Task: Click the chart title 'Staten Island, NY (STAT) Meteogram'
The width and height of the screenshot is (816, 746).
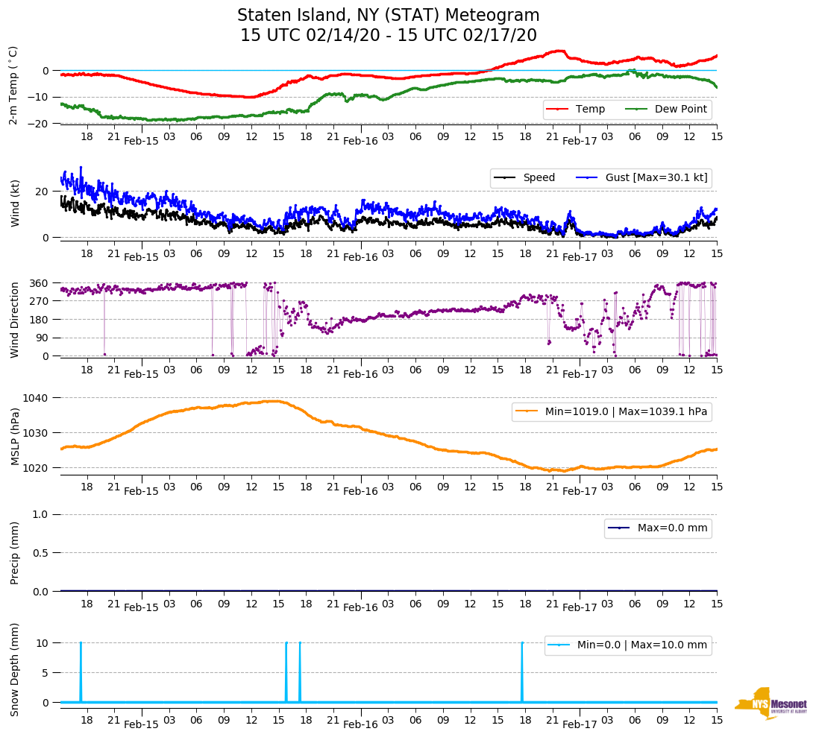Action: [388, 16]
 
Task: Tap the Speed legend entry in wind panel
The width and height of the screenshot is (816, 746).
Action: [527, 178]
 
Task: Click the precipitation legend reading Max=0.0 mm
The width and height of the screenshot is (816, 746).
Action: [657, 528]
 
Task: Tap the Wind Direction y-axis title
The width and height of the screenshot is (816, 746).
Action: [15, 319]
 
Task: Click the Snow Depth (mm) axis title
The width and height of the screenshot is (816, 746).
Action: [15, 669]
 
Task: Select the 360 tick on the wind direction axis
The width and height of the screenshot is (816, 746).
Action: [39, 283]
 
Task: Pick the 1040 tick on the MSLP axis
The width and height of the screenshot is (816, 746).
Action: [36, 397]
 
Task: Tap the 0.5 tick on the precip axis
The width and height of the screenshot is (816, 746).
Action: [41, 552]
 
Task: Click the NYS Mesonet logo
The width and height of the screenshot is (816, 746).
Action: [771, 704]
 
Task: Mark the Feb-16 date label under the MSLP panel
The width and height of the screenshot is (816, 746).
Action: [360, 491]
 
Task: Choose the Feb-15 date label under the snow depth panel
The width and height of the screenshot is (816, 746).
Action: [141, 724]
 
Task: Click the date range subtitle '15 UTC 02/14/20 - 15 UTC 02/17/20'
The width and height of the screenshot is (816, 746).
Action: [388, 36]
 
